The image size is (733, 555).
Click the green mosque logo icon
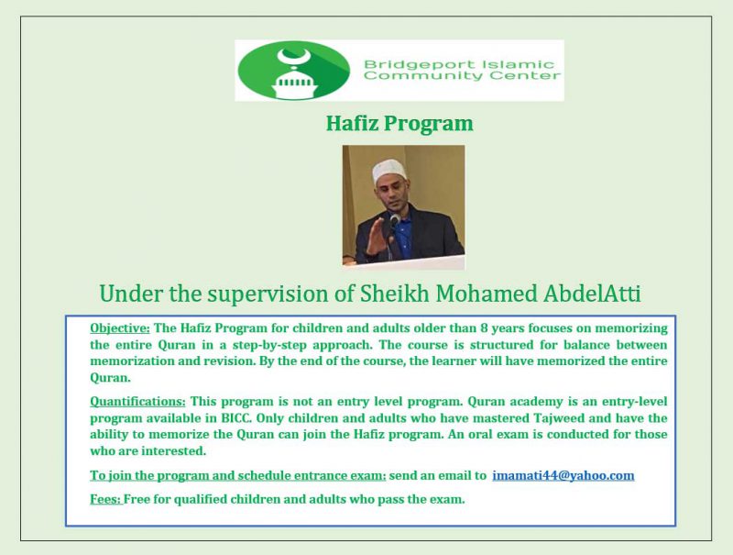(293, 70)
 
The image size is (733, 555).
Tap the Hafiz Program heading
(399, 123)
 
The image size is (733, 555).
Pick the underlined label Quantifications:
(137, 402)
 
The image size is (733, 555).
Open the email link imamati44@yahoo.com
(563, 475)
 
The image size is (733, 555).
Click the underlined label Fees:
(105, 500)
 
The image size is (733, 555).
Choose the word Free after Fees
(141, 500)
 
